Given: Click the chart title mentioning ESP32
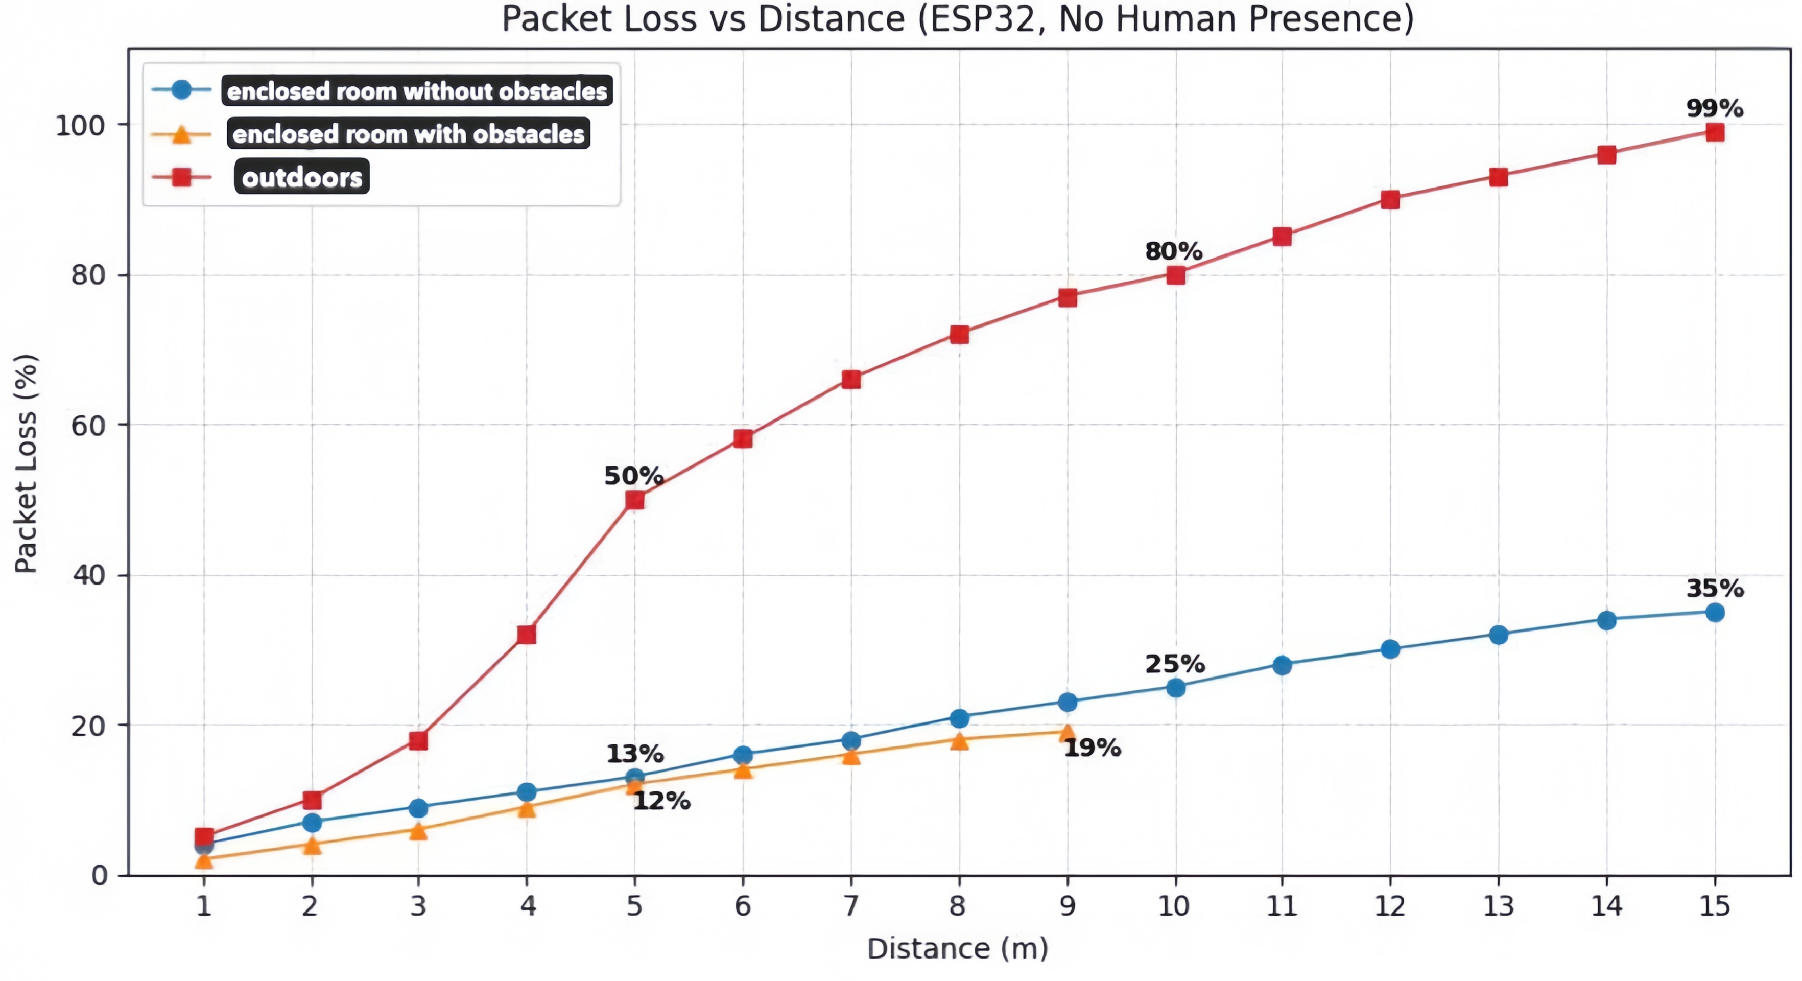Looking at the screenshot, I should [x=957, y=19].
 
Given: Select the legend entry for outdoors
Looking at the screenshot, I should [x=301, y=177].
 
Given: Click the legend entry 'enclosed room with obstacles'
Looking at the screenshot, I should [x=408, y=134].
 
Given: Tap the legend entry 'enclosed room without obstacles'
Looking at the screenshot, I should [x=417, y=91].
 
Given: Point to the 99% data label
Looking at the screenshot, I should [x=1714, y=108].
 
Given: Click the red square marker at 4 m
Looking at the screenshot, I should [x=527, y=635].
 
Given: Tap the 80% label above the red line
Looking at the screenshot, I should [x=1173, y=250].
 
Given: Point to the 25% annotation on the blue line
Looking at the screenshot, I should [x=1175, y=663].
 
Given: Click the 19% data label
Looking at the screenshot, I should [x=1092, y=748].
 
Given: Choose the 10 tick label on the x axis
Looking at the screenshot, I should [x=1174, y=906].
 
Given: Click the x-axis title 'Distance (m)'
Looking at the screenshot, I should [x=957, y=949].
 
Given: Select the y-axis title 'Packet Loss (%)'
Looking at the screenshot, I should [x=26, y=463].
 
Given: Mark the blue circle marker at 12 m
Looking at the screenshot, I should [x=1390, y=649].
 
